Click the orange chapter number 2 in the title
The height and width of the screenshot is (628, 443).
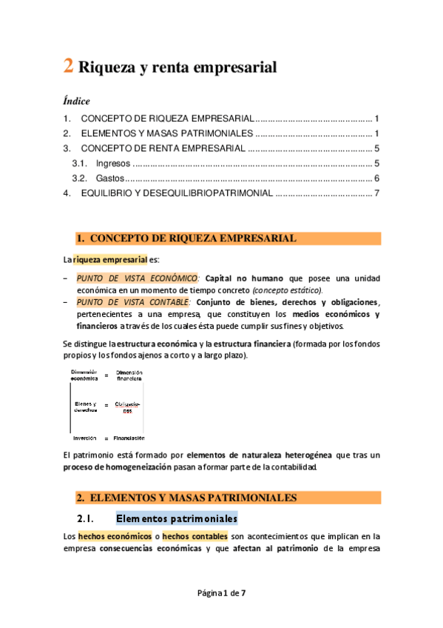coord(67,66)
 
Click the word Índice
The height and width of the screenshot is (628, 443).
coord(76,101)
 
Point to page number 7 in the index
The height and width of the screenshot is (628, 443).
coord(376,193)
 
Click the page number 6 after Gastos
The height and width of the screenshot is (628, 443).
coord(376,178)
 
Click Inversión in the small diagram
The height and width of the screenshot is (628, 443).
coord(85,438)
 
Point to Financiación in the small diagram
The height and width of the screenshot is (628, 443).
coord(128,438)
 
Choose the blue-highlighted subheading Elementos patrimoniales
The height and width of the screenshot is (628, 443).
coord(177,518)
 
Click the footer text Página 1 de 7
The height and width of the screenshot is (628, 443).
coord(221,593)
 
